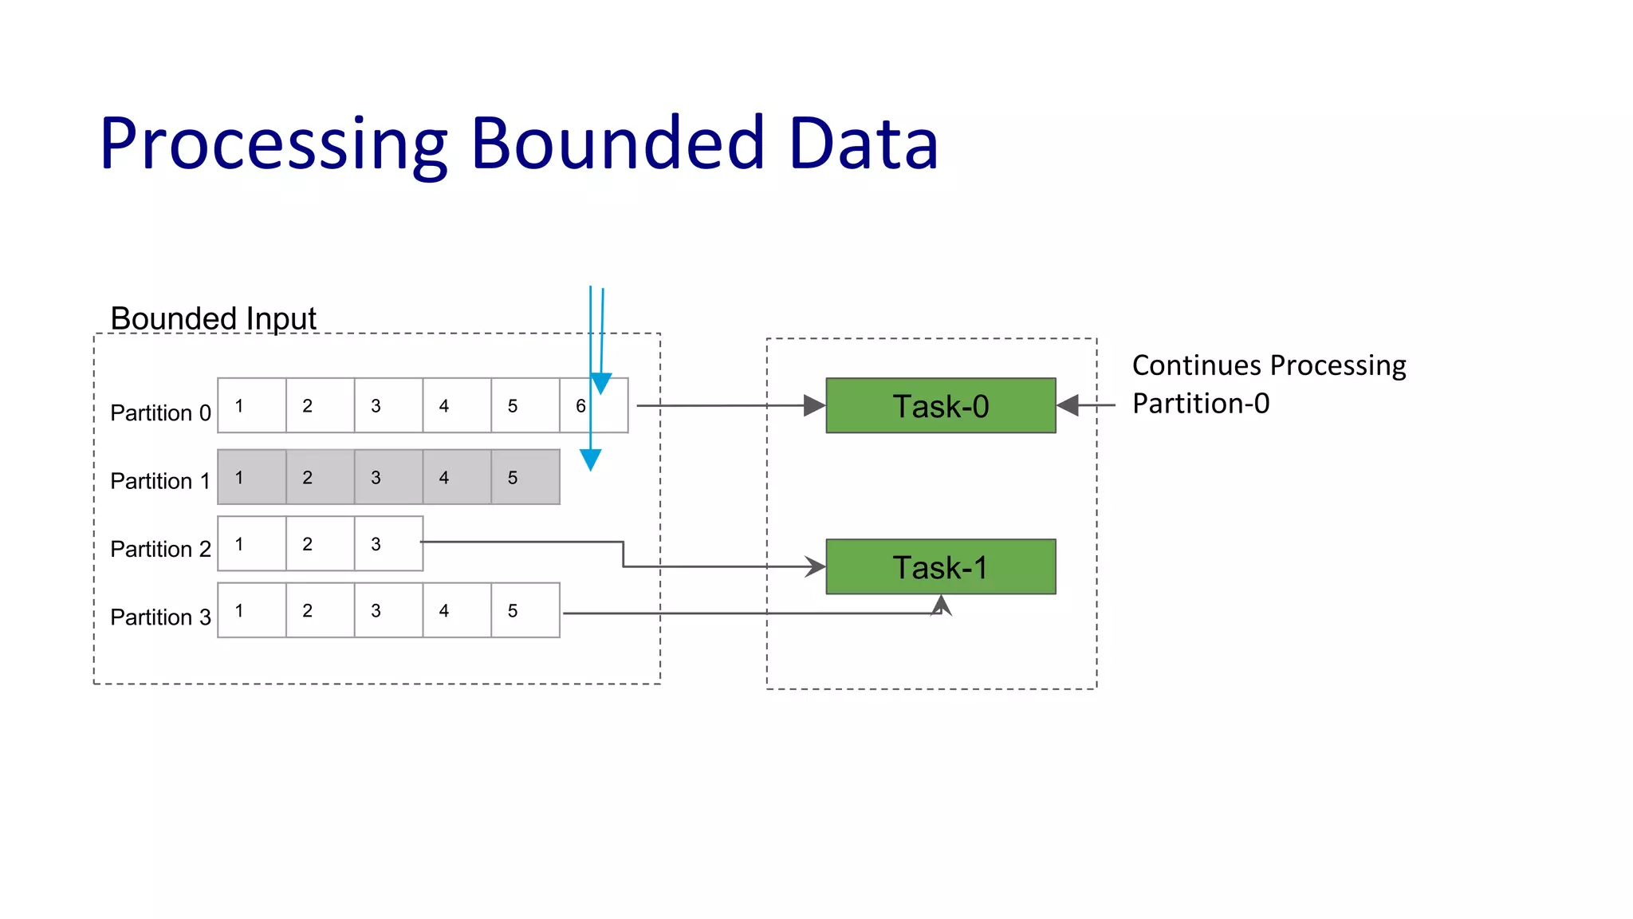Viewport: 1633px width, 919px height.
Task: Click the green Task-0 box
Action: [940, 406]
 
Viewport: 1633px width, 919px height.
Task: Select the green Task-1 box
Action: [940, 567]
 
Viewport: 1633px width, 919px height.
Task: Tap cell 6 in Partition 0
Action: [593, 406]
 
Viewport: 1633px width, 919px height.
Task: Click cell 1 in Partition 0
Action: [251, 406]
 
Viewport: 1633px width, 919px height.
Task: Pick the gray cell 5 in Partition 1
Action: [525, 477]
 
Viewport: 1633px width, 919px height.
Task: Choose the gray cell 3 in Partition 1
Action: [388, 477]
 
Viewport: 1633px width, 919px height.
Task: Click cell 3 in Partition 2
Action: [388, 544]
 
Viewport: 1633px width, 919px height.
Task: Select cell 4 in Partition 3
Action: [456, 611]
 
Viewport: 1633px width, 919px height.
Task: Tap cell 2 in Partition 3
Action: [319, 611]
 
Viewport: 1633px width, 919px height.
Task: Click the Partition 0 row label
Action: [160, 413]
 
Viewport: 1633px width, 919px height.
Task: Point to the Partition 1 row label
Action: [160, 481]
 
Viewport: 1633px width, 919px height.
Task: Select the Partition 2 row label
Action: [160, 550]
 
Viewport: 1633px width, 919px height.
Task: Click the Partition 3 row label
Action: [160, 617]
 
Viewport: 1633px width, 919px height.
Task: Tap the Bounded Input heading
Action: [213, 318]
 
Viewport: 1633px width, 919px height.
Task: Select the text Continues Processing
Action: [1268, 365]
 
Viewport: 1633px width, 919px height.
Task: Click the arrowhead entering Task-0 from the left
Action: [814, 406]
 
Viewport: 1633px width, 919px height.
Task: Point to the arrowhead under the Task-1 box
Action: [942, 604]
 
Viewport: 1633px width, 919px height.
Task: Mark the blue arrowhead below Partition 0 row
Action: [590, 459]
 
